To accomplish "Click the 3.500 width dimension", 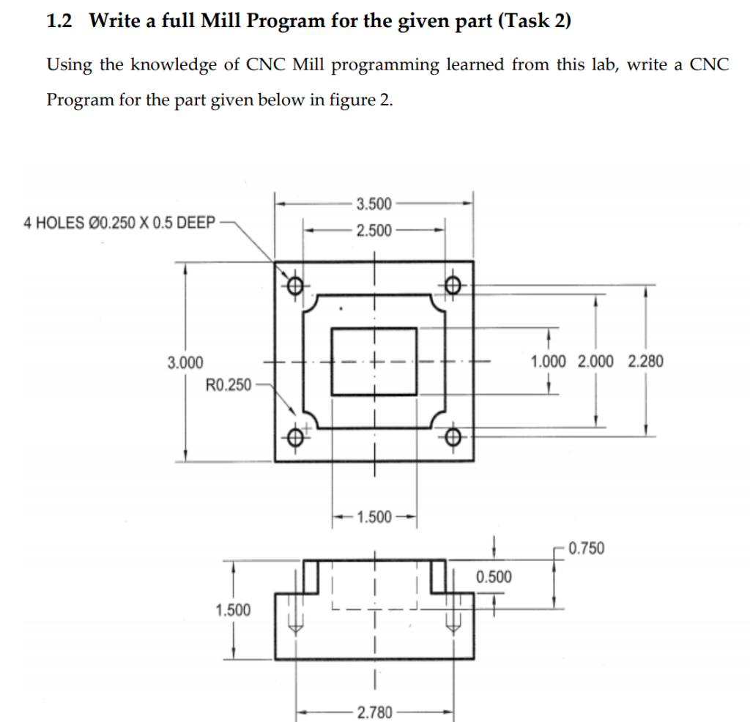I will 374,203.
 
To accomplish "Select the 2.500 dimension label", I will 374,231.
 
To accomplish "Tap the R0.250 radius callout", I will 229,384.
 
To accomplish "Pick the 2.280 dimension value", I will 645,361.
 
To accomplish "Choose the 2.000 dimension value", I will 596,361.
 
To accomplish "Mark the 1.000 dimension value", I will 549,361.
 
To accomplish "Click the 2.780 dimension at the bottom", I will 374,711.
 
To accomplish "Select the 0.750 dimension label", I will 585,548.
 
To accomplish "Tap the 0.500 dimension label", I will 494,576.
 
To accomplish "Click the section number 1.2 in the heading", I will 59,21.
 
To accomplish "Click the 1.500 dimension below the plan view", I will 374,518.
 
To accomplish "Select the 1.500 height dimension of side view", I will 232,610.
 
